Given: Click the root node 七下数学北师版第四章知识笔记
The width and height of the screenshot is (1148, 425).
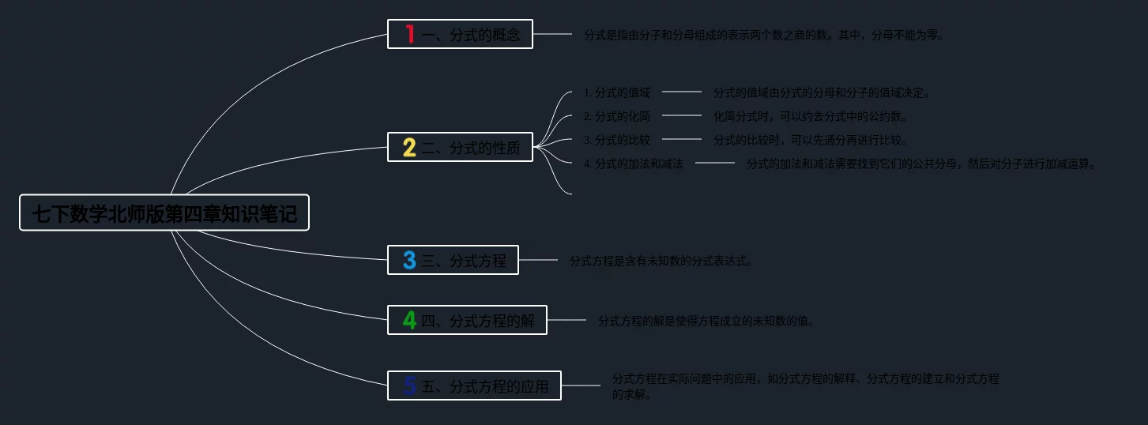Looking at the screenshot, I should (x=164, y=213).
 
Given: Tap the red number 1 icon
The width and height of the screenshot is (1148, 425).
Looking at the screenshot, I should (x=409, y=34).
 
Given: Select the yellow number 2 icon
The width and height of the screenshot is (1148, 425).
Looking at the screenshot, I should (x=409, y=148).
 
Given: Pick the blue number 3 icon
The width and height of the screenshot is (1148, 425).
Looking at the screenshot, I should (x=409, y=260).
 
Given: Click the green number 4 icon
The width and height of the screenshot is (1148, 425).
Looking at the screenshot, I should (x=409, y=320).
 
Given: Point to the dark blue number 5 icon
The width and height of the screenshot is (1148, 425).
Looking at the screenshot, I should (x=409, y=386).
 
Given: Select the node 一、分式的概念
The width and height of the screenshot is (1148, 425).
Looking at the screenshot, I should (x=471, y=35).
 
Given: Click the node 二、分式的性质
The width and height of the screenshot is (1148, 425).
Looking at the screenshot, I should (x=471, y=148).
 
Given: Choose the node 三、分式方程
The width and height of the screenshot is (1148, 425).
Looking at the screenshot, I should (x=464, y=261).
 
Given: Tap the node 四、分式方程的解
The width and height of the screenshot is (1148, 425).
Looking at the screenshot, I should (x=477, y=321).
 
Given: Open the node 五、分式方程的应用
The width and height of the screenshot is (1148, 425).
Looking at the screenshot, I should (x=484, y=386).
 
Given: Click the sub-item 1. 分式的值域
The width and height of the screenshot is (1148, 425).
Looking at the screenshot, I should (x=616, y=92).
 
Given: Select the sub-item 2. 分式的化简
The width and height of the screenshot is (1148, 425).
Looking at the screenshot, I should (x=616, y=116).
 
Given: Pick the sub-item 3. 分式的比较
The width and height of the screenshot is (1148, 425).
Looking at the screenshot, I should (x=616, y=140).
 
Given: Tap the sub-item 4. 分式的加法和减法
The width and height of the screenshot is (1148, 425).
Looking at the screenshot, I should (x=633, y=164).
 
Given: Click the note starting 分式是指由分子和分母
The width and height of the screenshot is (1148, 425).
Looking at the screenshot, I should (x=763, y=35).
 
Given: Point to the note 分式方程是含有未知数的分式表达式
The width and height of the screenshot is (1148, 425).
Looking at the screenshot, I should (x=661, y=261).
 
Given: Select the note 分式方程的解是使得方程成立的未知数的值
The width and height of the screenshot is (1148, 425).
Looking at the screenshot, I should (x=706, y=321).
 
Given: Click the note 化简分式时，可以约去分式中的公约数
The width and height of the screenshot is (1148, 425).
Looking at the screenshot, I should (x=811, y=116).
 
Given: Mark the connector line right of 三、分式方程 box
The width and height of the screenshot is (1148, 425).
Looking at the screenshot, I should (x=538, y=260).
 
